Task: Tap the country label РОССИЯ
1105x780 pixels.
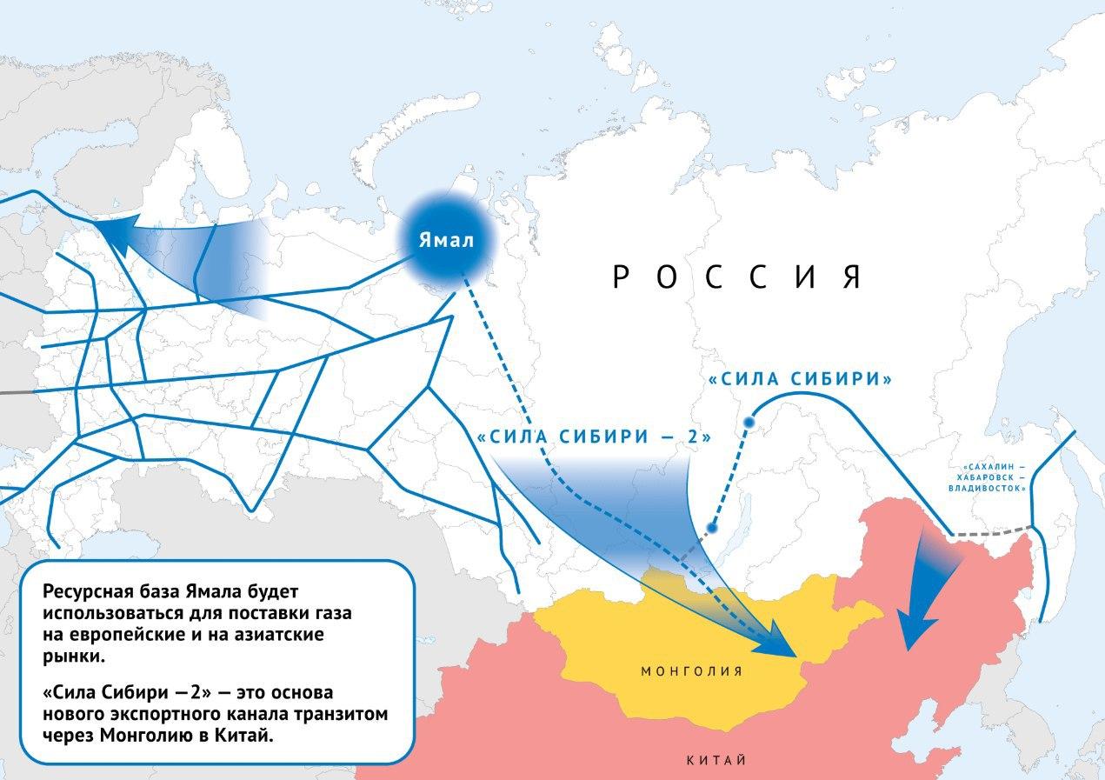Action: coord(737,277)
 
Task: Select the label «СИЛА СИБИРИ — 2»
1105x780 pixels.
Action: coord(595,437)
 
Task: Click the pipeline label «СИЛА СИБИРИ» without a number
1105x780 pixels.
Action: coord(801,380)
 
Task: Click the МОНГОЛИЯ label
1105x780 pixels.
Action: coord(691,671)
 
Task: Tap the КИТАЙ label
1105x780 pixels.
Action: coord(716,760)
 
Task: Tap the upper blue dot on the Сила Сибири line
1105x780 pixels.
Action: coord(748,423)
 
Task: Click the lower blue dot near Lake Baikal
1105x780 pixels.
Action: coord(711,527)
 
